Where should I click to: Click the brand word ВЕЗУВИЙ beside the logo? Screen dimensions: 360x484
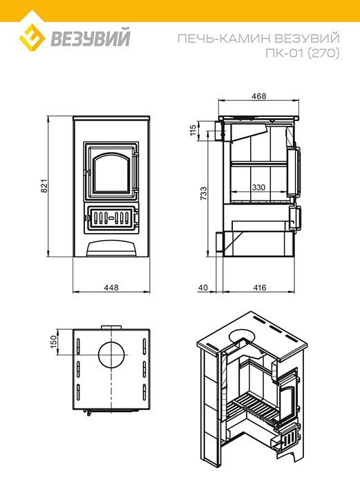tap(91, 38)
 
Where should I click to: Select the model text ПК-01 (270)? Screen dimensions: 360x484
tap(303, 53)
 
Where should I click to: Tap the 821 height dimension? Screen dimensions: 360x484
tap(44, 186)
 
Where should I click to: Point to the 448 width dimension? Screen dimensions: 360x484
tap(111, 288)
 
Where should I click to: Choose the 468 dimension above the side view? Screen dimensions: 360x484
tap(258, 96)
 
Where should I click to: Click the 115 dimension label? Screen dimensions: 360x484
tap(193, 130)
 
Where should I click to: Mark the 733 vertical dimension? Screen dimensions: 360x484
tap(204, 194)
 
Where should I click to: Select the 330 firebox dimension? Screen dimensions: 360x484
tap(258, 187)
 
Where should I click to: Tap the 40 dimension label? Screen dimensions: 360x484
tap(203, 288)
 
